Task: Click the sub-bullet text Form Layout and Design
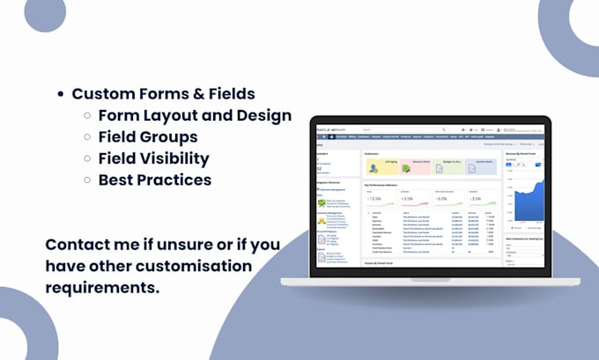click(195, 115)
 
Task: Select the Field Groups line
click(148, 137)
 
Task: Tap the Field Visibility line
click(154, 158)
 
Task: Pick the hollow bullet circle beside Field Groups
click(87, 138)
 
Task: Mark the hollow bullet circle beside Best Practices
click(87, 180)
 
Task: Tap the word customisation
click(203, 265)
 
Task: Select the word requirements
click(103, 287)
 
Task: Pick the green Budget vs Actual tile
click(448, 164)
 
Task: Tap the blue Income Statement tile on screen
click(482, 164)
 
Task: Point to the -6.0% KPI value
click(449, 199)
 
